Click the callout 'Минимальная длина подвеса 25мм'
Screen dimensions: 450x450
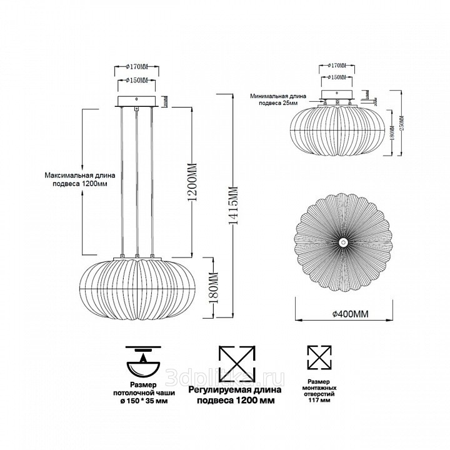click(x=278, y=100)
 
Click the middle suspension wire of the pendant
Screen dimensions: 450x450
click(x=137, y=181)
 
